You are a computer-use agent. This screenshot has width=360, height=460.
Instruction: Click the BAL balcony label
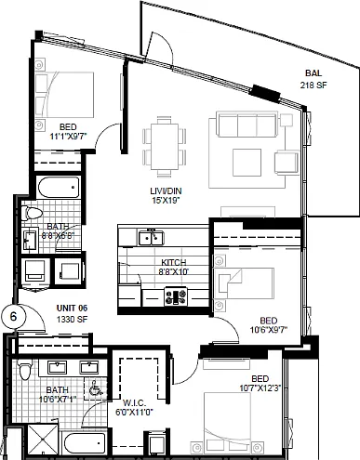point(313,73)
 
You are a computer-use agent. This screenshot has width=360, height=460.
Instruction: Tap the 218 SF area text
point(313,85)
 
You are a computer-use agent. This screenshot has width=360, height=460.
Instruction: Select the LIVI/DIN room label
point(166,191)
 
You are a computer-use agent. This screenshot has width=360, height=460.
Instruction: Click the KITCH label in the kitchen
point(174,262)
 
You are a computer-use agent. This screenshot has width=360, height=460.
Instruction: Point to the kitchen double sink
point(151,238)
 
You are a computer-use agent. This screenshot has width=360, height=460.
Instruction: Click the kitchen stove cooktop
point(176,296)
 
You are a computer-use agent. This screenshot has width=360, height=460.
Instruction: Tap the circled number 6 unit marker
point(13,317)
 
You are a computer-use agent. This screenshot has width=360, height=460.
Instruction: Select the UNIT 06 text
point(72,309)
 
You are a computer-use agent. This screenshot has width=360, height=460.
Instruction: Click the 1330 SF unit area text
point(72,320)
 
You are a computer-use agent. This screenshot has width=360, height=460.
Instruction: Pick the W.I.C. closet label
point(134,403)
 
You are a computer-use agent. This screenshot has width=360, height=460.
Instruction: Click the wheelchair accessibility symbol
point(95,388)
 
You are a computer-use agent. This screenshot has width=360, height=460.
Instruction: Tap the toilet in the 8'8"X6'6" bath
point(33,214)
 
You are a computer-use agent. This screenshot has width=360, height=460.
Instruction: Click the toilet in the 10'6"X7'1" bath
point(24,370)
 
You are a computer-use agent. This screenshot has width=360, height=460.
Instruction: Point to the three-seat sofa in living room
point(247,125)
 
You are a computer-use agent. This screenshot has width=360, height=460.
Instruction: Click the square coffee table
point(247,163)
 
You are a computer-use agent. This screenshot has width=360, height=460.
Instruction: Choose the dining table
point(165,147)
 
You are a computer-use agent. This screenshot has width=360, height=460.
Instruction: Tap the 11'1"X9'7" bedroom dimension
point(68,137)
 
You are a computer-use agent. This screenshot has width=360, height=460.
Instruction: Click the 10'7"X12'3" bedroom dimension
point(260,388)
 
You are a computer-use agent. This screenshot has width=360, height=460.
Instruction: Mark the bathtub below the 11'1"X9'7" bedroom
point(59,187)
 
